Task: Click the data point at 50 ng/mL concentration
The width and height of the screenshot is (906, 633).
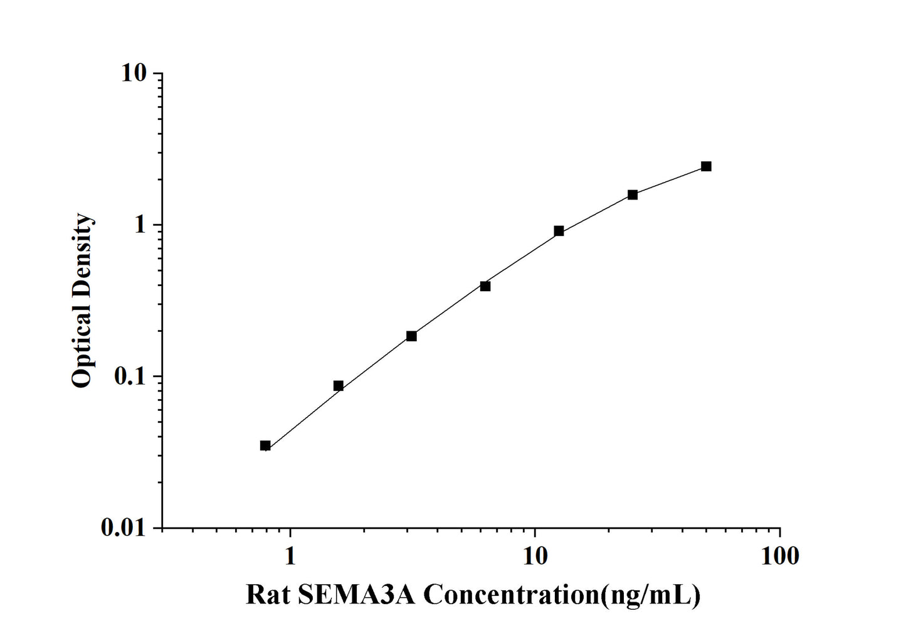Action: [706, 166]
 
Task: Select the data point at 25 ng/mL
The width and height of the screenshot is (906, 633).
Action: [633, 194]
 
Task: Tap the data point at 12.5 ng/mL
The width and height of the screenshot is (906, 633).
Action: [559, 231]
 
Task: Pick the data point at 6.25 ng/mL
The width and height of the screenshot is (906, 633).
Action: [485, 286]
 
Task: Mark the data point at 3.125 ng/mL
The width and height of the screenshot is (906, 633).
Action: [411, 336]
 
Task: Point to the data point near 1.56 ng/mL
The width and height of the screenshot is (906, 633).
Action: [338, 386]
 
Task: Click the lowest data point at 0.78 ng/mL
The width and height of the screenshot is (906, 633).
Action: [265, 445]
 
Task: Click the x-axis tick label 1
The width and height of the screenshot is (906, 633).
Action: [290, 556]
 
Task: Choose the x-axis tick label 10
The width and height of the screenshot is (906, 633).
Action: [535, 556]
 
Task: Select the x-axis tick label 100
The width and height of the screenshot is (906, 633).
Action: [779, 556]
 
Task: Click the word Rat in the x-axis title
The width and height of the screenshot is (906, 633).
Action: [268, 594]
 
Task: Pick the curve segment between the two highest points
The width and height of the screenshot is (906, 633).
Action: [670, 180]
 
